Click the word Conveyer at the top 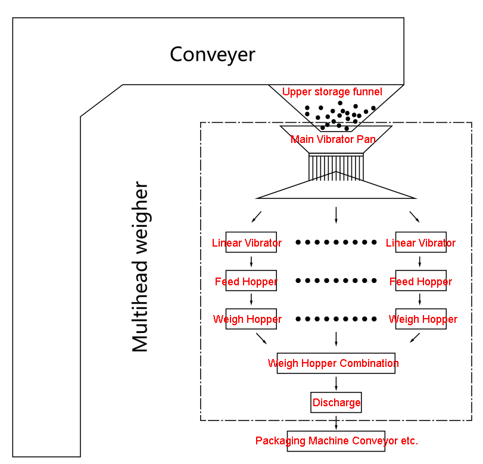coord(213,54)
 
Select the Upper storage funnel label coord(332,92)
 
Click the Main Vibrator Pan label coord(333,139)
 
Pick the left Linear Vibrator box coord(247,242)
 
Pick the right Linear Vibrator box coord(420,242)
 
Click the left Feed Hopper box coord(247,281)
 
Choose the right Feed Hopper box coord(420,281)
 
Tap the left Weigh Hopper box coord(247,319)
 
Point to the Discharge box coord(336,402)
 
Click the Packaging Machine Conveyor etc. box coord(336,441)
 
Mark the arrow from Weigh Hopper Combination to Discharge coord(336,383)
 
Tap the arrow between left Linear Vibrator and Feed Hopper coord(251,261)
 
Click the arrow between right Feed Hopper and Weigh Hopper coord(420,300)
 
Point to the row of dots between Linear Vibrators coord(336,242)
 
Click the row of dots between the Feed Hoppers coord(336,281)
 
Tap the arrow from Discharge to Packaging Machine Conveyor coord(336,422)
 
